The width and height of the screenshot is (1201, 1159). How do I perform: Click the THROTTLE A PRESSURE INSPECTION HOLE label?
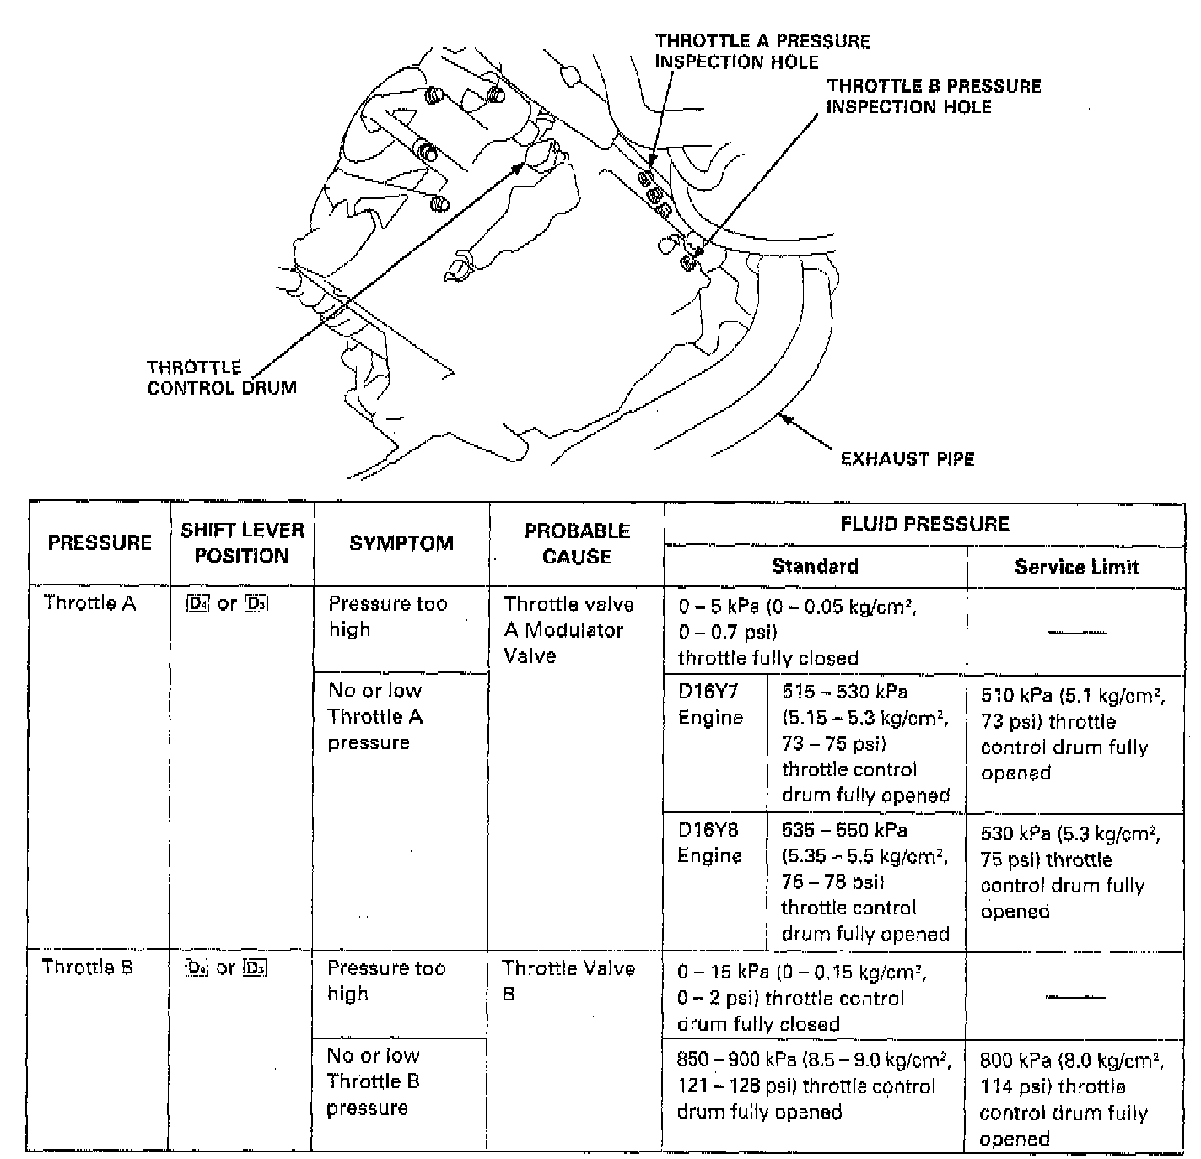pos(762,51)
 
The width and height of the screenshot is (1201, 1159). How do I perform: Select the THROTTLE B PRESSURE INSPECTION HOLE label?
pos(933,96)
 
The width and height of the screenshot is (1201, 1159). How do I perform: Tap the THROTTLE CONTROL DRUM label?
pos(222,378)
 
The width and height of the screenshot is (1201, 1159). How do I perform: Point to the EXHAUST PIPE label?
pos(907,459)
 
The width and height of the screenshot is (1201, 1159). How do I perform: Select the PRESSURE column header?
pos(100,542)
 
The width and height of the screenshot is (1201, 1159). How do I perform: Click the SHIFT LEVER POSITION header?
pos(242,542)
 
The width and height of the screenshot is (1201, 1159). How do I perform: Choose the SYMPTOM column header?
pos(401,543)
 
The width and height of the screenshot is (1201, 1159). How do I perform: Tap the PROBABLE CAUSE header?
pos(577,543)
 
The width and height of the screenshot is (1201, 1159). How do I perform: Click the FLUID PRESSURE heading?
pos(924,524)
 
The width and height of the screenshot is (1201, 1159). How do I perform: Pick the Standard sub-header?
pos(815,566)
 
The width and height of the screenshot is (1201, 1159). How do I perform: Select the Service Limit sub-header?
pos(1076,567)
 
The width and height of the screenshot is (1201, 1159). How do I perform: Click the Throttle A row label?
pos(89,602)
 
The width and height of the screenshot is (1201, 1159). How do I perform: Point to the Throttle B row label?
pos(88,967)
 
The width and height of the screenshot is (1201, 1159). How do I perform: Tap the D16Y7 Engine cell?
pos(710,704)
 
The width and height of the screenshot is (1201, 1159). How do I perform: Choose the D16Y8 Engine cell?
pos(710,843)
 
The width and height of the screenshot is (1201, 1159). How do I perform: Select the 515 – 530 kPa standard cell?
pos(865,743)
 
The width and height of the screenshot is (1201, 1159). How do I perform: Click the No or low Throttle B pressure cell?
pos(373,1081)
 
